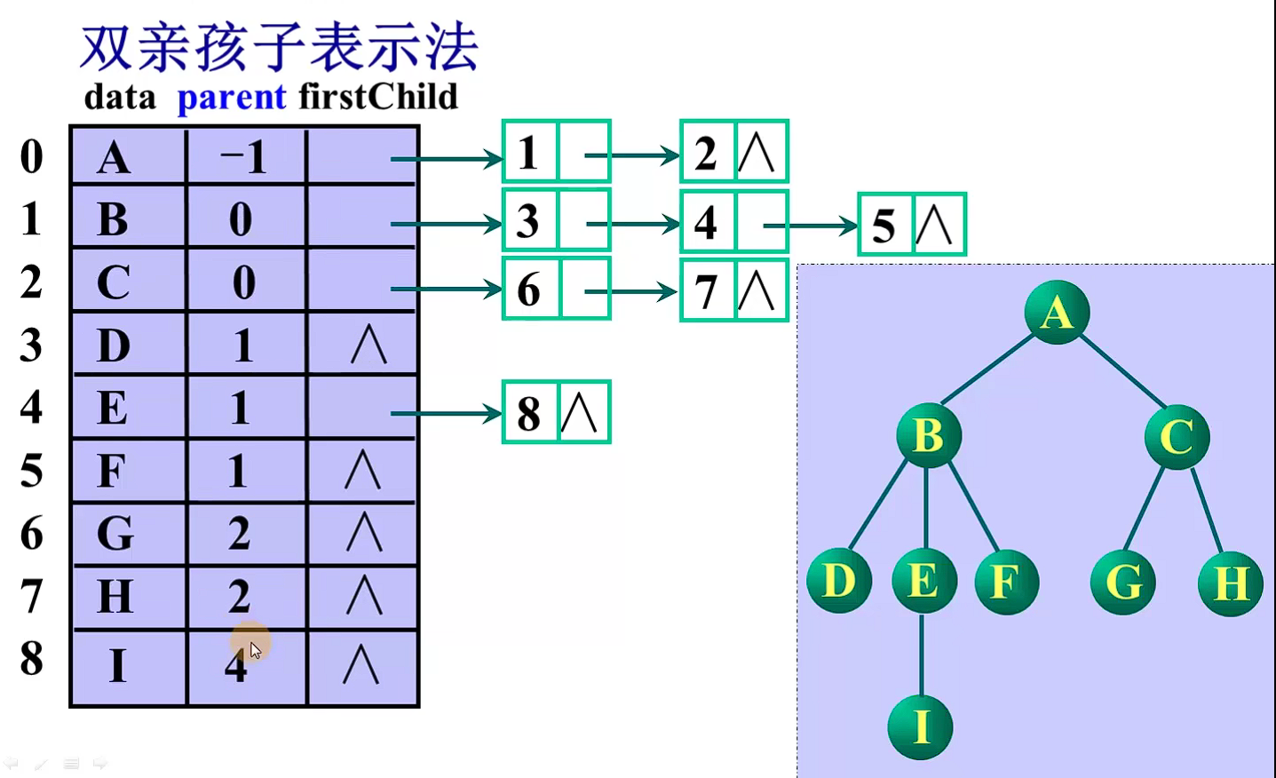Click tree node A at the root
pos(1056,312)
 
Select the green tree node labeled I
pos(920,727)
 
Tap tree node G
pos(1122,583)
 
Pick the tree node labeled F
pos(1005,583)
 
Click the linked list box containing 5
pos(911,225)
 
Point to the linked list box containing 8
pos(556,412)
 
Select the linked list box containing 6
pos(556,289)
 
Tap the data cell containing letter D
pos(128,345)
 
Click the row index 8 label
pos(31,658)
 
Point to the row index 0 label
pos(31,156)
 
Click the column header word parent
pos(231,97)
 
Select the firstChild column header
pos(378,97)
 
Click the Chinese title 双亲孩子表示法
pos(279,48)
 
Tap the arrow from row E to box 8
pos(446,413)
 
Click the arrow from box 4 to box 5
pos(810,226)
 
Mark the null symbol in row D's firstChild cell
pos(368,345)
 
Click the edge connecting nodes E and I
pos(922,655)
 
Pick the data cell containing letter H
pos(128,596)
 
